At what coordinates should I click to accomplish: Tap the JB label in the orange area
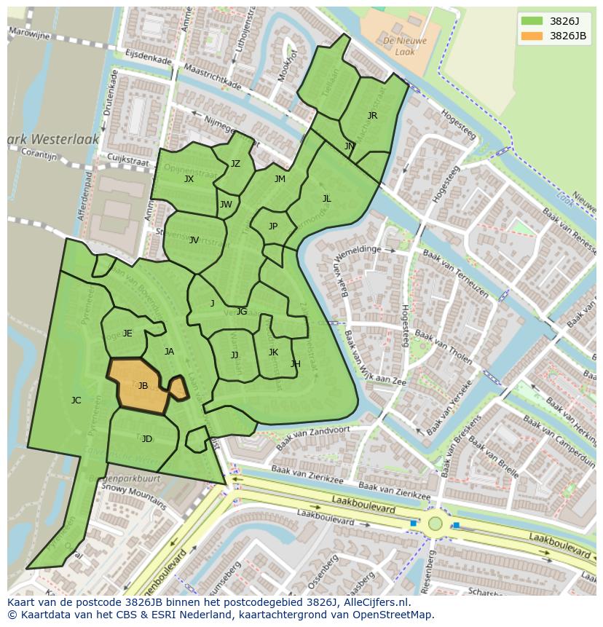coord(143,386)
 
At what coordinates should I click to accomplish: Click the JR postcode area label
coord(372,116)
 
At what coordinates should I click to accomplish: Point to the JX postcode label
coord(189,179)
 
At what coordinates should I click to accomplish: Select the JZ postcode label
coord(235,164)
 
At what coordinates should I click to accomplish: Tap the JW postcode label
coord(226,205)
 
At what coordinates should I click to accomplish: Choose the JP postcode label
coord(273,226)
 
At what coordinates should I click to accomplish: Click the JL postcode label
coord(326,199)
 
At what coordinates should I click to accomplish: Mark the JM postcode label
coord(280,179)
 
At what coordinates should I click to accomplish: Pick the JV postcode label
coord(194,240)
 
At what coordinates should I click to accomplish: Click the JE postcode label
coord(127,334)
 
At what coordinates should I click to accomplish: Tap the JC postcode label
coord(76,401)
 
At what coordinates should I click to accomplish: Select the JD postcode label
coord(147,439)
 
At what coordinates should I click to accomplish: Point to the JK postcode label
coord(273,352)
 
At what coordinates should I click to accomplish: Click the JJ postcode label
coord(234,355)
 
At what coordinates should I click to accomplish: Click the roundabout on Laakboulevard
coord(435,523)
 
